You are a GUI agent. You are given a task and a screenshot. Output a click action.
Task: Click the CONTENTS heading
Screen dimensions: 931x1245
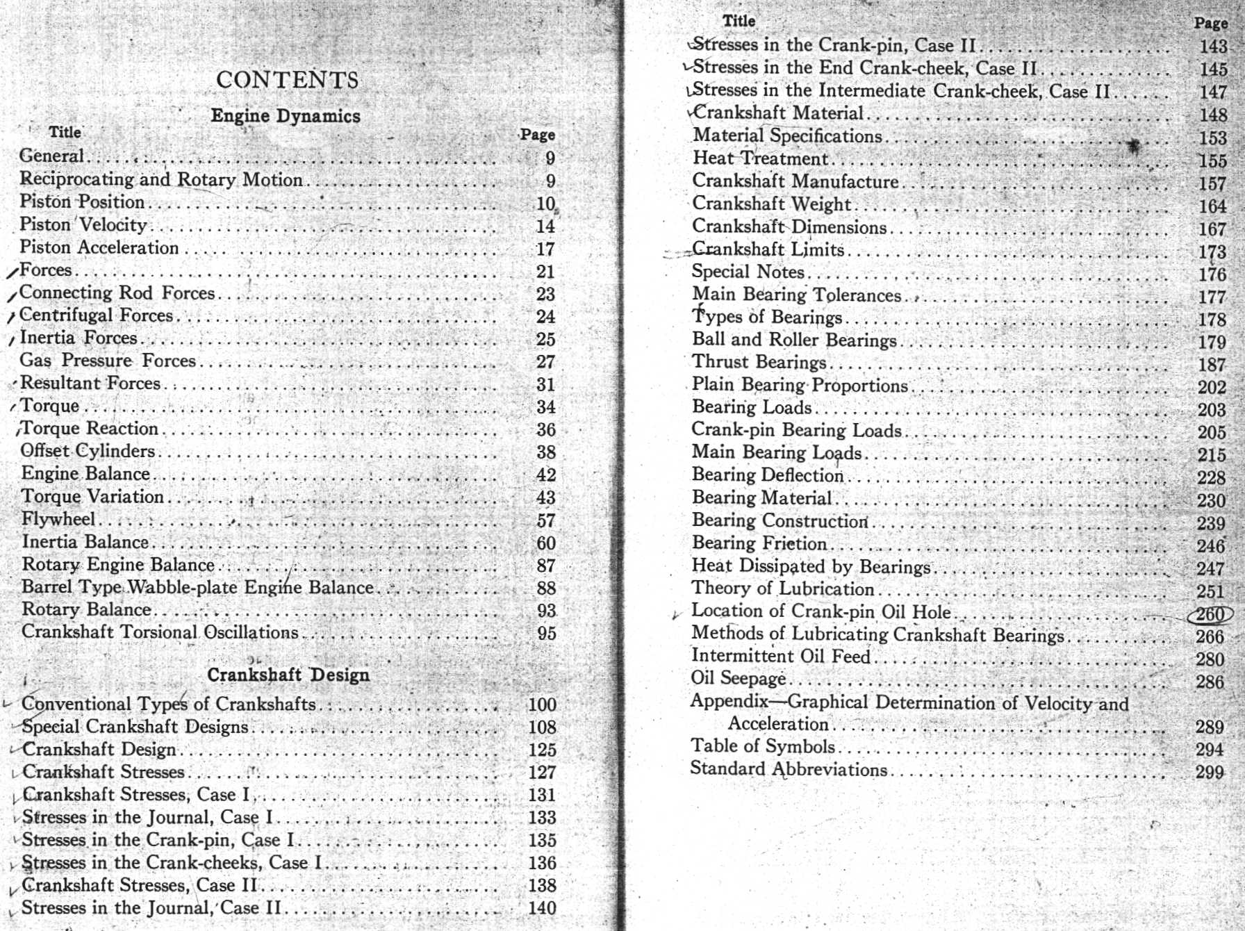(287, 80)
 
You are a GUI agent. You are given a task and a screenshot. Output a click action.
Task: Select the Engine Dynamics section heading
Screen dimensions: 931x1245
(286, 116)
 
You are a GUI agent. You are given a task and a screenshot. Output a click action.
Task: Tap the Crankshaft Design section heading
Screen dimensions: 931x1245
(288, 675)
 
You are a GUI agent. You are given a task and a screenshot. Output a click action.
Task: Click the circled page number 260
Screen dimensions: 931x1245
(1210, 614)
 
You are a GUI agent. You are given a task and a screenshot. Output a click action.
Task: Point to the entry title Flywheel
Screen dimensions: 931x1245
(58, 519)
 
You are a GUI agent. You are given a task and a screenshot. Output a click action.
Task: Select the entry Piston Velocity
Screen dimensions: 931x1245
(83, 224)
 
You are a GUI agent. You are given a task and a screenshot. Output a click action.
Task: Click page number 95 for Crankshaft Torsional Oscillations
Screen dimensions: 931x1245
(546, 633)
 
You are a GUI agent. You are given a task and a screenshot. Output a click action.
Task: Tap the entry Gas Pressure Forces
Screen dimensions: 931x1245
(108, 361)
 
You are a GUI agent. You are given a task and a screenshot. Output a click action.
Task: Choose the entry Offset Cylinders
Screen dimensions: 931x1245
(88, 451)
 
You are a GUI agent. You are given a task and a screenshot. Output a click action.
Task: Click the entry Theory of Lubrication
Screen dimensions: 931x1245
(782, 588)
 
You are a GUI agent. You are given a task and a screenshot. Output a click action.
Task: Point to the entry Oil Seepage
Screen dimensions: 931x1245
(738, 678)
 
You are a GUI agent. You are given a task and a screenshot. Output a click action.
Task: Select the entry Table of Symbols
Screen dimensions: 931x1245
(763, 746)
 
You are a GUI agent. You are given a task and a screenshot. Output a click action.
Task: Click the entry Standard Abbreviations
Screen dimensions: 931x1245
(789, 769)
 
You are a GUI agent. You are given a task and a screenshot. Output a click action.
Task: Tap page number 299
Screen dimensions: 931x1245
(1209, 771)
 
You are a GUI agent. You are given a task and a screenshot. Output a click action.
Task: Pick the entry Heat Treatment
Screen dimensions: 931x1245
(761, 158)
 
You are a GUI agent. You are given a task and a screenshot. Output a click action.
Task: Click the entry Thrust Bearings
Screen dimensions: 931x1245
(759, 362)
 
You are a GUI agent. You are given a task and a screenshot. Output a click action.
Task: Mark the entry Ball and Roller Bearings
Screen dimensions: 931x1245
(794, 340)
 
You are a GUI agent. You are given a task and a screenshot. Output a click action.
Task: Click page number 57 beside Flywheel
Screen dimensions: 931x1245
(546, 520)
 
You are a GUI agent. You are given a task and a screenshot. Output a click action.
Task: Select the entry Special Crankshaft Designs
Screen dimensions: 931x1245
(135, 727)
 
